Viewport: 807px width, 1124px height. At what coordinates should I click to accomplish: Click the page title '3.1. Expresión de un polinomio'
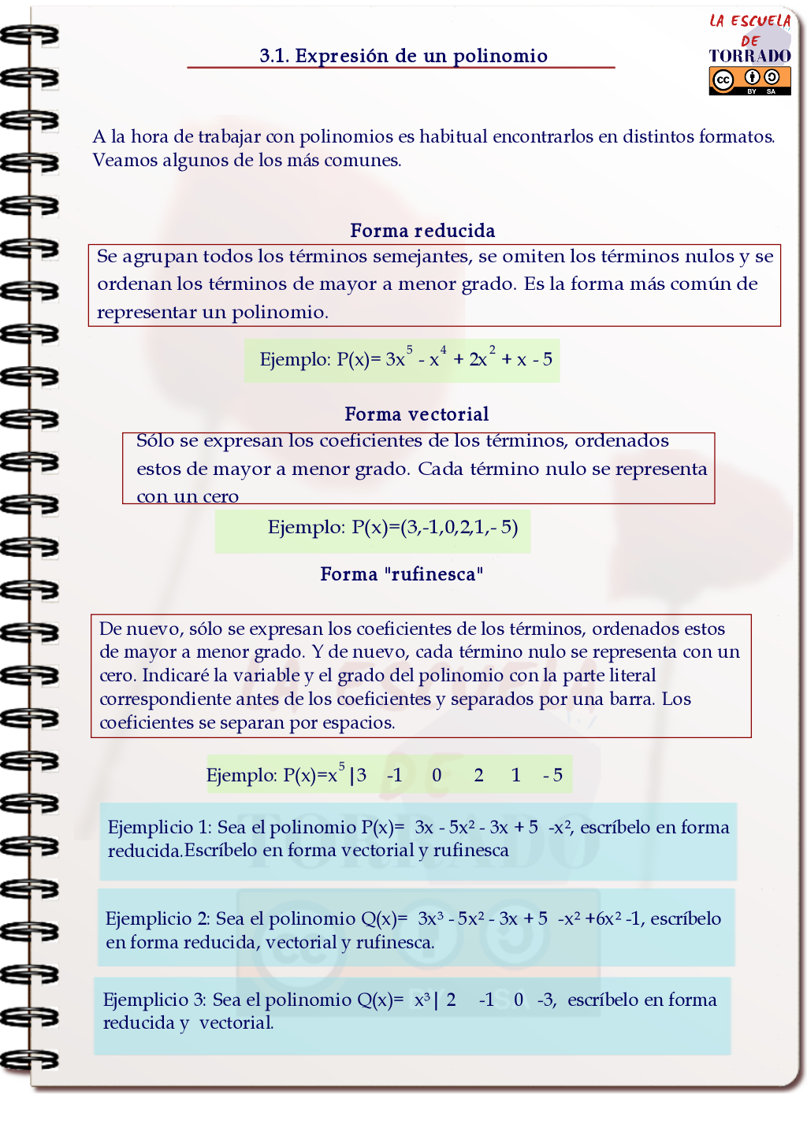403,56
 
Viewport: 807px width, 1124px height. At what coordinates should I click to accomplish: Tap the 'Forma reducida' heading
422,231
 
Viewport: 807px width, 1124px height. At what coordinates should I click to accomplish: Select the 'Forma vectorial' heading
416,414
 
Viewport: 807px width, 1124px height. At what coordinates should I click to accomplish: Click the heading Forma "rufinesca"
401,574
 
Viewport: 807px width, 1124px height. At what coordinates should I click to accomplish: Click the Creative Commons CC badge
723,80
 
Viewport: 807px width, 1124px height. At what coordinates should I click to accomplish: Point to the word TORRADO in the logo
749,56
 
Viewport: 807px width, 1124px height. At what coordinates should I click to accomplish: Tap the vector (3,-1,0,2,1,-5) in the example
459,527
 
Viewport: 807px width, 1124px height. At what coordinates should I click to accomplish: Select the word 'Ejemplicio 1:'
159,827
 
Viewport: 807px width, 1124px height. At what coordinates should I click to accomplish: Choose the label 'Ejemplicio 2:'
158,918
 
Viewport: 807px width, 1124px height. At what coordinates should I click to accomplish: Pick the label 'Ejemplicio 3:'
154,1000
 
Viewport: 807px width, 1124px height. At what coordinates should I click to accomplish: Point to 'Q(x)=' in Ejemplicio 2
384,918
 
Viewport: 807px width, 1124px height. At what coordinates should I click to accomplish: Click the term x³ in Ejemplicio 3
422,1000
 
